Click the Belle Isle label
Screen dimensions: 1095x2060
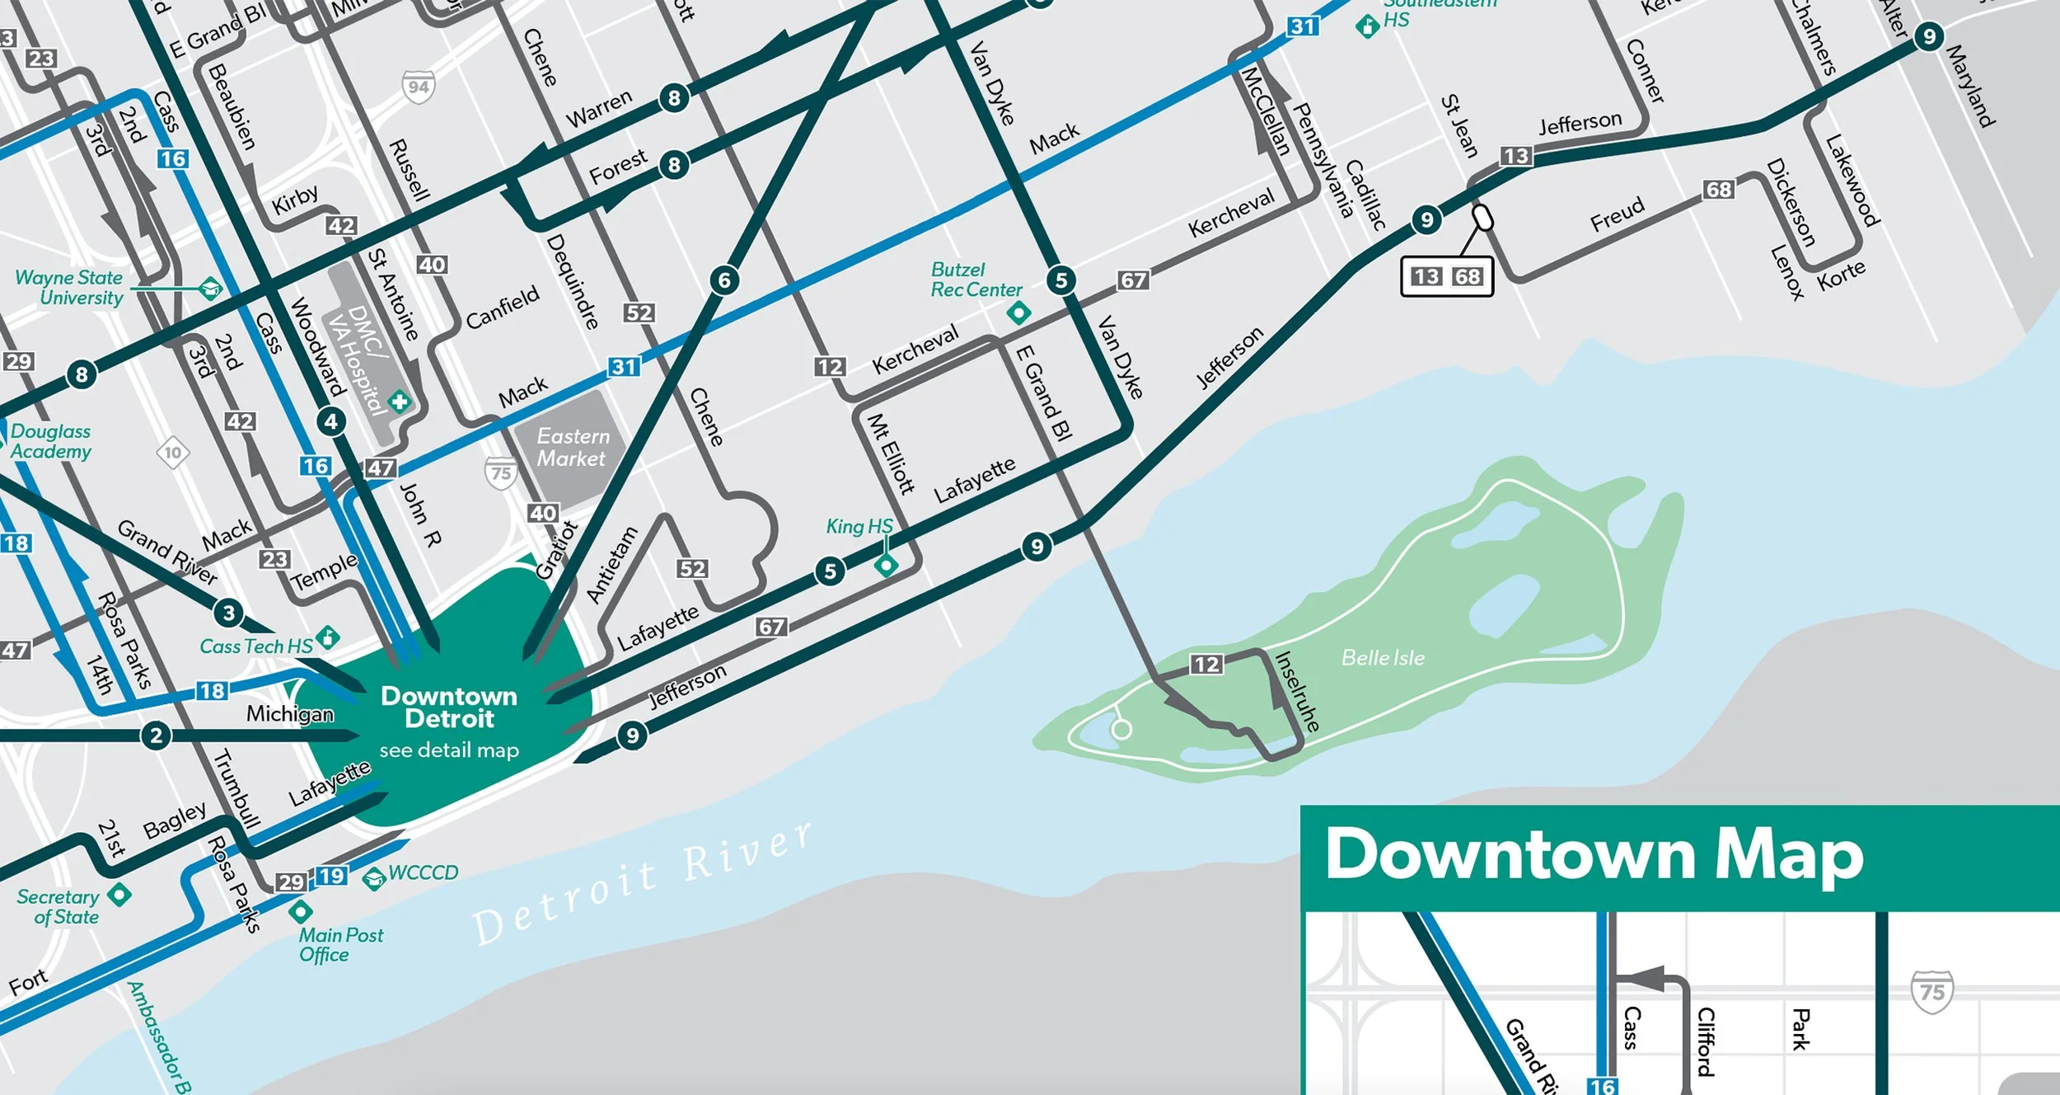click(x=1382, y=657)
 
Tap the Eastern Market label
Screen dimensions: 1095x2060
click(x=572, y=447)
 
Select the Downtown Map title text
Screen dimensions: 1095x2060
click(x=1594, y=855)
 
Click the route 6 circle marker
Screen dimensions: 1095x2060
click(x=724, y=280)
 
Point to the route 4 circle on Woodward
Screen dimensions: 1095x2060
click(x=331, y=422)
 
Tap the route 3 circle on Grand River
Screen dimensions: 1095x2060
click(x=228, y=613)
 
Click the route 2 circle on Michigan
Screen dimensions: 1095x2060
click(x=156, y=735)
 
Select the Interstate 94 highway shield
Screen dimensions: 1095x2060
click(x=419, y=87)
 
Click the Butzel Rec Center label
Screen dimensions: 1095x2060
click(x=976, y=280)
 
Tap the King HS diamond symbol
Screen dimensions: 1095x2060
click(x=886, y=565)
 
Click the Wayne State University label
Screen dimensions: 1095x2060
click(x=70, y=288)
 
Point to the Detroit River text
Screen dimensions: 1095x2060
click(x=643, y=884)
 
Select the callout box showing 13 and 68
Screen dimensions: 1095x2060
click(x=1446, y=277)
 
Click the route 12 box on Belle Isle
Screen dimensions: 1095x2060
click(x=1206, y=664)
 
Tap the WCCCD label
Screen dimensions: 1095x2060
click(x=422, y=872)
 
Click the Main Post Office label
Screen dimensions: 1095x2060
click(x=339, y=945)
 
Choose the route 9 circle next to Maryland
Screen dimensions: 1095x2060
click(x=1928, y=36)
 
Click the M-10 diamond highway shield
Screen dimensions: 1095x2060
click(x=173, y=453)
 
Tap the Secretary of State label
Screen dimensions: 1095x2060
click(x=59, y=906)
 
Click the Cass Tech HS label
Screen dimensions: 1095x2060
click(x=255, y=646)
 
